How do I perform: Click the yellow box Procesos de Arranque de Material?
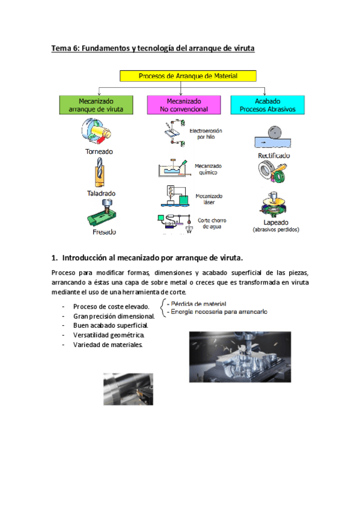188,76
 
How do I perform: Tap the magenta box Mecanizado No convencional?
184,105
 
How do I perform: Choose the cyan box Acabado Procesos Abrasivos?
267,105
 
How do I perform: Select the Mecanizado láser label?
209,199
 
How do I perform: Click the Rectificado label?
273,155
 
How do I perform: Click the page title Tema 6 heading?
153,49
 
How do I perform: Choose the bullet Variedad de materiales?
108,345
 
